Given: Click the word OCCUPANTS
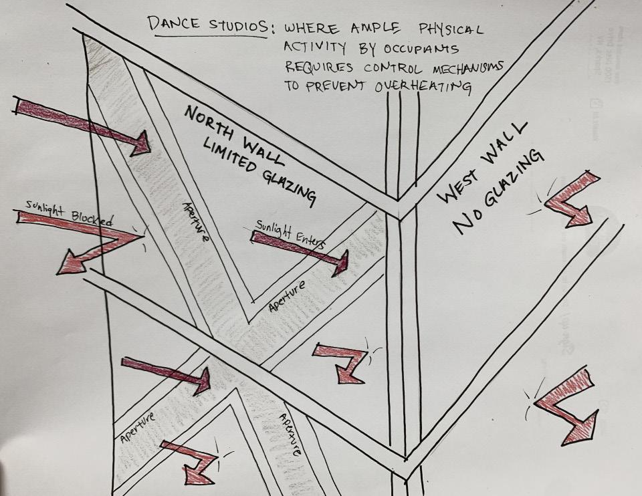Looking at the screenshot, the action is tap(423, 49).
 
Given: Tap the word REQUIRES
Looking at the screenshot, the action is tap(316, 67).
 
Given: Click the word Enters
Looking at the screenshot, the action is tap(309, 239).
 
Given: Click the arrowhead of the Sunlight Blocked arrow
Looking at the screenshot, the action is tap(70, 262).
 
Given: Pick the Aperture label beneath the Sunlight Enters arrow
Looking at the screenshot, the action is tap(287, 296).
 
